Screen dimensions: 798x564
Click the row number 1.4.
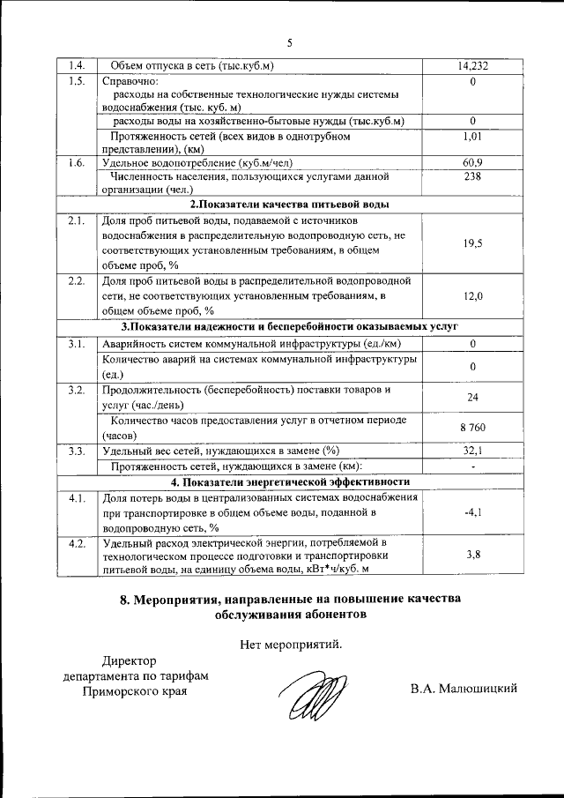point(77,66)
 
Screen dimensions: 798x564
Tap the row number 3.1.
point(77,343)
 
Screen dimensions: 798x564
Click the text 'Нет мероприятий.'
point(290,645)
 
